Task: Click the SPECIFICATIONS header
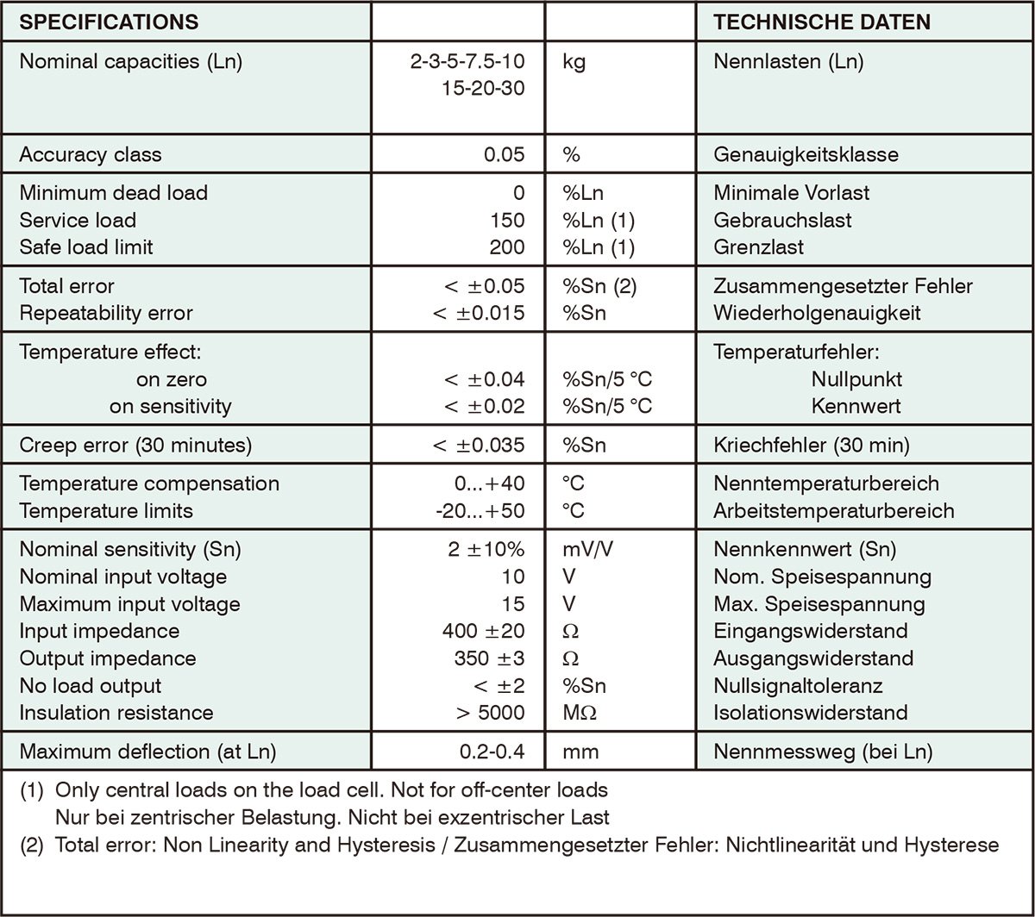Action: pyautogui.click(x=109, y=22)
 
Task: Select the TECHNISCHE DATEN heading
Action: pyautogui.click(x=822, y=22)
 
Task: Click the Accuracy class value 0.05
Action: pyautogui.click(x=504, y=155)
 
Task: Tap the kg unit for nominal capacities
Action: pyautogui.click(x=574, y=62)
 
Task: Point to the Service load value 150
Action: pyautogui.click(x=507, y=220)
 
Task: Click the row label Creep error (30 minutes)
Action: pyautogui.click(x=135, y=446)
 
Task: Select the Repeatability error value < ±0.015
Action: pyautogui.click(x=479, y=313)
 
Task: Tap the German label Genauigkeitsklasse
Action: pyautogui.click(x=806, y=155)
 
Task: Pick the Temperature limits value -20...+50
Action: pyautogui.click(x=480, y=511)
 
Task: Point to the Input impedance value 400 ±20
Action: pyautogui.click(x=483, y=632)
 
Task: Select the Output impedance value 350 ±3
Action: pyautogui.click(x=490, y=659)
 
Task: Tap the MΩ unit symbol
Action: pyautogui.click(x=580, y=714)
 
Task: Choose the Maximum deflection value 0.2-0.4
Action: pyautogui.click(x=492, y=752)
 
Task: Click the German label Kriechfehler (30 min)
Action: pyautogui.click(x=812, y=446)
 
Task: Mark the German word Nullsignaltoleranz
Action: pyautogui.click(x=798, y=686)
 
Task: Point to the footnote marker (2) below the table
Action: pyautogui.click(x=32, y=845)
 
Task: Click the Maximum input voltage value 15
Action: pyautogui.click(x=512, y=604)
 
